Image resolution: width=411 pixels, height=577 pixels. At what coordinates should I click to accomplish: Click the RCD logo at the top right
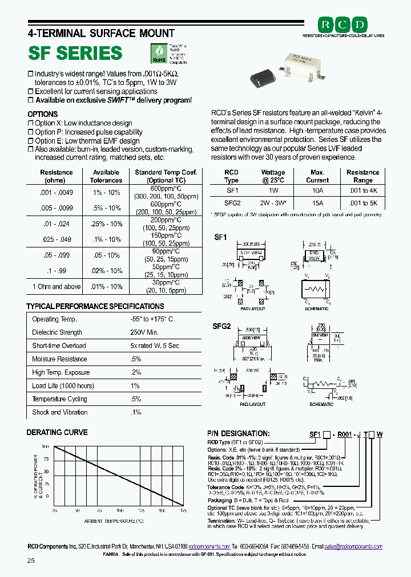pyautogui.click(x=343, y=25)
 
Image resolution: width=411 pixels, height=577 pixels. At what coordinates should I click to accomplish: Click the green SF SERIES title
pyautogui.click(x=75, y=53)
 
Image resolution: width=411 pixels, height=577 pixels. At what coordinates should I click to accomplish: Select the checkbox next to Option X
pyautogui.click(x=31, y=123)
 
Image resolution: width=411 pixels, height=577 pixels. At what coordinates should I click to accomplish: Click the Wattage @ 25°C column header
pyautogui.click(x=273, y=176)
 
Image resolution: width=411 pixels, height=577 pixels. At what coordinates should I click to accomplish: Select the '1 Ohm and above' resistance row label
pyautogui.click(x=57, y=287)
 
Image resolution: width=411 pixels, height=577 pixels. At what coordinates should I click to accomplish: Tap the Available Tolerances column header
pyautogui.click(x=106, y=176)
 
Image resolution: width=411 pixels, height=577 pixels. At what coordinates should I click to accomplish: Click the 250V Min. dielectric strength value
pyautogui.click(x=144, y=332)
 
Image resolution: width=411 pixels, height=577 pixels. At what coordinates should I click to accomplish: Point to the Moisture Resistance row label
pyautogui.click(x=59, y=359)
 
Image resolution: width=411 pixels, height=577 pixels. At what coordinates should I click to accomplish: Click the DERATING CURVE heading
pyautogui.click(x=57, y=433)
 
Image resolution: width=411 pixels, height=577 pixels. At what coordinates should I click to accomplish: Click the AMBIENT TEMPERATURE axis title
pyautogui.click(x=114, y=521)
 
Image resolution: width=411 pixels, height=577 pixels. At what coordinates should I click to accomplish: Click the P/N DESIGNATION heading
pyautogui.click(x=238, y=434)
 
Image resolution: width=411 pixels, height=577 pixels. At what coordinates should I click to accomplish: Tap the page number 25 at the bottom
pyautogui.click(x=31, y=561)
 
